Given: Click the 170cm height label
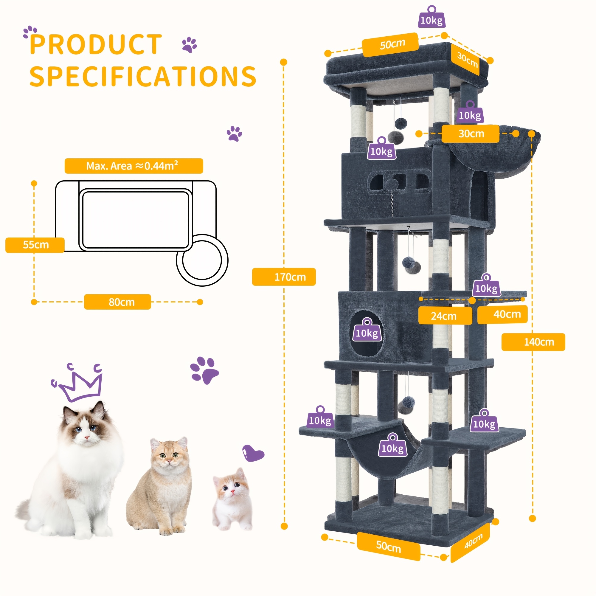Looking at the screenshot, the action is [x=284, y=277].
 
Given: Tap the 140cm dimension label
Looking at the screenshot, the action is [x=533, y=342].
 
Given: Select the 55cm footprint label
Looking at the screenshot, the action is [x=35, y=245].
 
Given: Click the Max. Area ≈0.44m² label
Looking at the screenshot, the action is [x=134, y=166].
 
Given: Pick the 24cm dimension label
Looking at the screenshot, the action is [x=445, y=316].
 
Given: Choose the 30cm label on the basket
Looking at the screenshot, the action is [x=471, y=134].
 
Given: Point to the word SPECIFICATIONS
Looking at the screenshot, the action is [x=143, y=76].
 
